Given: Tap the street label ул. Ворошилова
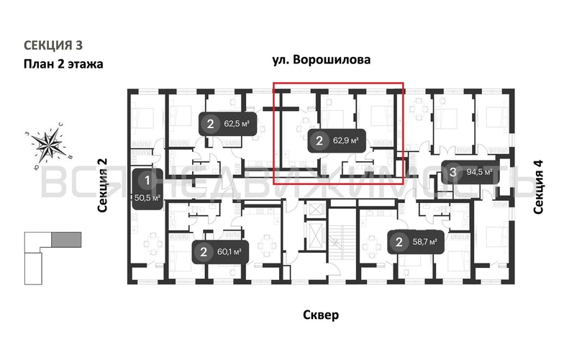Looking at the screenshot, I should tap(321, 60).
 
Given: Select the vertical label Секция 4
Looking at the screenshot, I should tap(538, 186).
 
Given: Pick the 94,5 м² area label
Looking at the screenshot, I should tap(479, 172).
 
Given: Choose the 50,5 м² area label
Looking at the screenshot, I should tap(147, 196).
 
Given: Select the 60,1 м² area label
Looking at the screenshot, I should tap(228, 251).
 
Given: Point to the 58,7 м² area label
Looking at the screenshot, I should tap(424, 241).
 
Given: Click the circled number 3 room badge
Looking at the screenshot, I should tap(452, 172).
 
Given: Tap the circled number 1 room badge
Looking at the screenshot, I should tap(147, 180).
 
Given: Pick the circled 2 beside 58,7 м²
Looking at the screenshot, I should tap(398, 241).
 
